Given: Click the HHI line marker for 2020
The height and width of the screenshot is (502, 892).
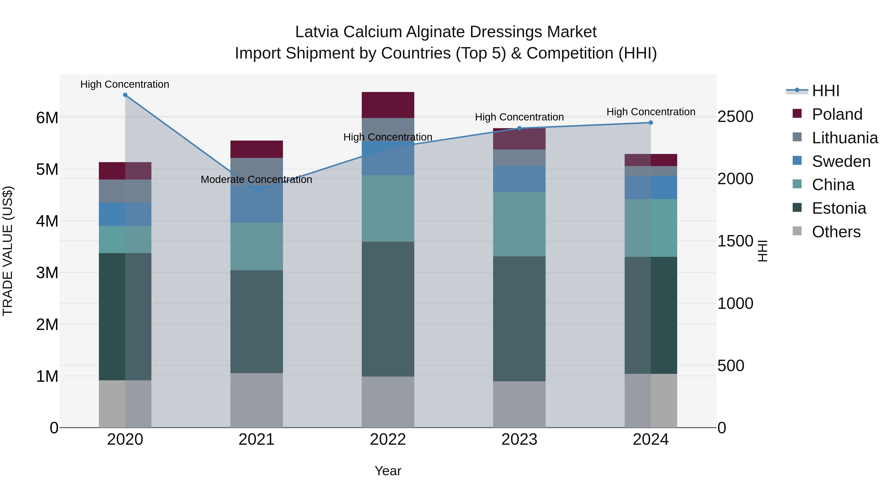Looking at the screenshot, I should [x=125, y=95].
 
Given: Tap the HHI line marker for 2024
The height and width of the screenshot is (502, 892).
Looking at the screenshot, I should [x=651, y=123].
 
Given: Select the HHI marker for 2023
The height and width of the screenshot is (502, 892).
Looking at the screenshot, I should [x=519, y=128].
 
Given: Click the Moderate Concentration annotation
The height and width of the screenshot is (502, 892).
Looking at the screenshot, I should [x=256, y=179].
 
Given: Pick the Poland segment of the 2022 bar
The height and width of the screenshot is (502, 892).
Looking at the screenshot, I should [x=388, y=105].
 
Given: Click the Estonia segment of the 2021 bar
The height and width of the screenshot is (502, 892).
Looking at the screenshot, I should [x=257, y=322].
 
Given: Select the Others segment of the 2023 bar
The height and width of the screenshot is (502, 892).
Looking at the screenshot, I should [x=519, y=404].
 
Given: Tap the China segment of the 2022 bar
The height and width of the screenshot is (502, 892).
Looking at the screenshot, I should [x=388, y=208].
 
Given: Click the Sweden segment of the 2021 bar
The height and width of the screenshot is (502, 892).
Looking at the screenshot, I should [x=257, y=205].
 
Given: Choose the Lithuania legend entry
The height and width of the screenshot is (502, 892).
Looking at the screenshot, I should [x=845, y=138].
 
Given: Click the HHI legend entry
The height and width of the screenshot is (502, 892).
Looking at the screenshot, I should [x=826, y=91].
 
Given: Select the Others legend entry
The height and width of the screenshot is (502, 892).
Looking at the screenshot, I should [x=836, y=232].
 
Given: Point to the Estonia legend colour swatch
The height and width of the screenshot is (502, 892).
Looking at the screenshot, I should [x=797, y=207].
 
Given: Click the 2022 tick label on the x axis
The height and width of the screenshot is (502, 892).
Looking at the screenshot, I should [x=388, y=440].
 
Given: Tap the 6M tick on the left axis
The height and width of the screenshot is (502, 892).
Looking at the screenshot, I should [x=47, y=118].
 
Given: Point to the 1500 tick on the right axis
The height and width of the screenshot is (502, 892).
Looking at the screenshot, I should [x=735, y=241].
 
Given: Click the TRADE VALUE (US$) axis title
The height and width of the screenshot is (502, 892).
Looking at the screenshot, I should [x=8, y=251].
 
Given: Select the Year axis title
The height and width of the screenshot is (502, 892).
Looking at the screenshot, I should [x=388, y=471].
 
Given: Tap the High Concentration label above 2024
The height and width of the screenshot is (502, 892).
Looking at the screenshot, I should [x=651, y=112].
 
